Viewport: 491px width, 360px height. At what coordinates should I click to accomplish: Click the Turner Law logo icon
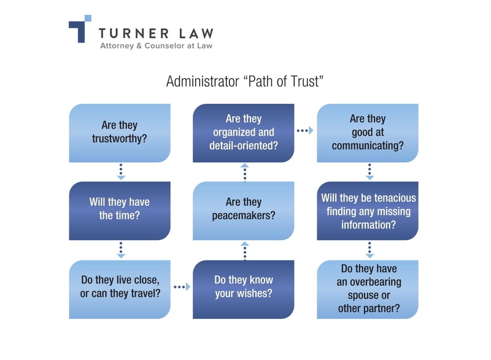point(80,28)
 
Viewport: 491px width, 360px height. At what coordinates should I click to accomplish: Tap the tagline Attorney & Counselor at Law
point(157,45)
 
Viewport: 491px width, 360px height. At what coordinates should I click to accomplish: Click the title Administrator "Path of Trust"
point(244,82)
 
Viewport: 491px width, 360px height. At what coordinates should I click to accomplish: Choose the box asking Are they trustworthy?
point(120,133)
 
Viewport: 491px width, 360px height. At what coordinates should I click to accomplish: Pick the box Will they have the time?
point(120,210)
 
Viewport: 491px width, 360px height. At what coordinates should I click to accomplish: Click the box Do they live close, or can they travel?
point(120,287)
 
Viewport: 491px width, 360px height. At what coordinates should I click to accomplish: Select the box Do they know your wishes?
point(244,287)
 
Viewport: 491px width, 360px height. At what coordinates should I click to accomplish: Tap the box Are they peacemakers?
point(244,210)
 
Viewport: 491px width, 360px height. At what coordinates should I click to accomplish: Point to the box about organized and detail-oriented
point(244,133)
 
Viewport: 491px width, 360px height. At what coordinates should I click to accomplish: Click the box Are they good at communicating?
point(368,133)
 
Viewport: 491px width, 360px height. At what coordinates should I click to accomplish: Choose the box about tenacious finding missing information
point(368,210)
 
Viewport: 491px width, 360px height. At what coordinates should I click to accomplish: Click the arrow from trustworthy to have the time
point(121,171)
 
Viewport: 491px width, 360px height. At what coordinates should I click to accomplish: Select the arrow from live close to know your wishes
point(182,287)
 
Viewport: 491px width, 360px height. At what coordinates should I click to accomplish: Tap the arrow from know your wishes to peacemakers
point(245,250)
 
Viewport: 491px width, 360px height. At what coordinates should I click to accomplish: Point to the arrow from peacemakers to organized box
point(245,173)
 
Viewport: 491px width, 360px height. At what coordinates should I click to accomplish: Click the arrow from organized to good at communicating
point(305,131)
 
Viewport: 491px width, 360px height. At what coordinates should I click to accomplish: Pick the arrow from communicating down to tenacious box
point(369,171)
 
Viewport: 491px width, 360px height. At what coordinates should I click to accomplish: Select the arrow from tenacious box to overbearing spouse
point(369,249)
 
